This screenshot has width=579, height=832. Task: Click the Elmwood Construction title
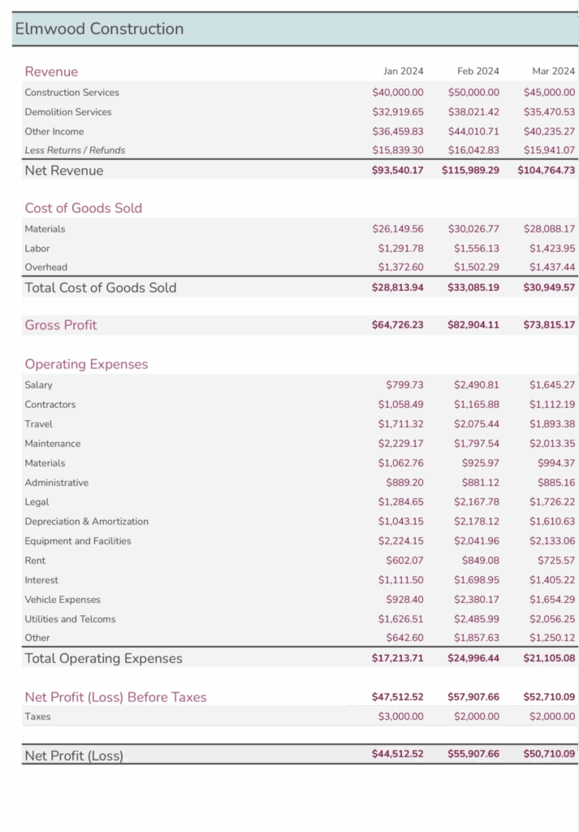(x=99, y=29)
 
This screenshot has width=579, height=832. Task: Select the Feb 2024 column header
(x=477, y=71)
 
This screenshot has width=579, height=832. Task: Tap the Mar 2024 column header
(x=553, y=71)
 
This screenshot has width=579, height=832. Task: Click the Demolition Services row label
(x=68, y=112)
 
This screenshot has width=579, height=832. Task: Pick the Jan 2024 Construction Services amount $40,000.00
(x=397, y=93)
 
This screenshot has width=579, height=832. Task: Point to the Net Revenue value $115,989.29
(x=470, y=171)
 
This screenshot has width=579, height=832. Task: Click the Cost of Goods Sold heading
(x=83, y=208)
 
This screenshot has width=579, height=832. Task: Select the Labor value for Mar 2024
(x=551, y=249)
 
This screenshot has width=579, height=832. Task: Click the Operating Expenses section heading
(x=86, y=364)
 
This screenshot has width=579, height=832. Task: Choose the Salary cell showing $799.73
(x=404, y=385)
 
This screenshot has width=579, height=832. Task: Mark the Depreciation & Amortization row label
(x=86, y=522)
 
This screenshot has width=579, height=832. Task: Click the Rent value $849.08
(x=480, y=561)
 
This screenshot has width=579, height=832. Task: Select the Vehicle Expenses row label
(x=63, y=600)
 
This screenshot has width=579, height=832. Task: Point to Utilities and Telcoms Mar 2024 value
(x=551, y=619)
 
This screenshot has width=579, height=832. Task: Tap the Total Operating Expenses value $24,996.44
(x=473, y=658)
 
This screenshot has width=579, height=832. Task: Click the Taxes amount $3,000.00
(x=400, y=717)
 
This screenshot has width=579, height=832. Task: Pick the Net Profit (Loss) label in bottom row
(x=74, y=756)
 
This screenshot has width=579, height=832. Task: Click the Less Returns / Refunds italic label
(x=75, y=150)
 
